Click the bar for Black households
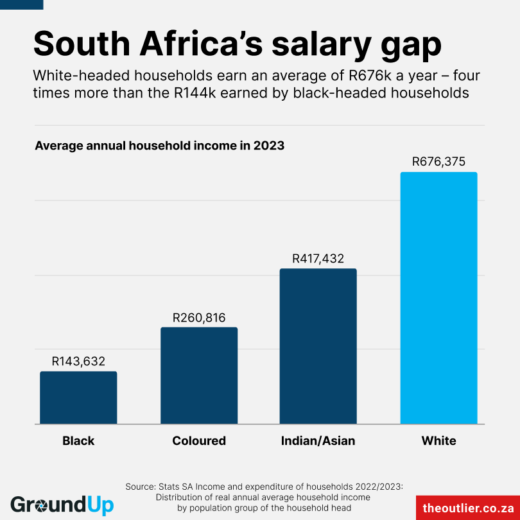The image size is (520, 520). (x=78, y=398)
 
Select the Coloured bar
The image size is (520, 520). (x=199, y=376)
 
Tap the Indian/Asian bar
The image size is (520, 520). (x=318, y=347)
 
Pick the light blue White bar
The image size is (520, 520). (x=438, y=299)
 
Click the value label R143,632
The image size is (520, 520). (x=78, y=361)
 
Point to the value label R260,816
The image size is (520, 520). (x=199, y=317)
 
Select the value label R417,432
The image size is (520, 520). (x=318, y=259)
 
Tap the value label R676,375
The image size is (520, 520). (x=438, y=162)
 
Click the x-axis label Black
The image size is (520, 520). (x=78, y=441)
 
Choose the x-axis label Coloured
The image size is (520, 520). (x=199, y=441)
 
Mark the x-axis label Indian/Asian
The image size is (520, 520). (x=318, y=441)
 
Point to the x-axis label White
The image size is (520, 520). (x=438, y=441)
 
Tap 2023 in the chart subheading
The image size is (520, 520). (x=268, y=146)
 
